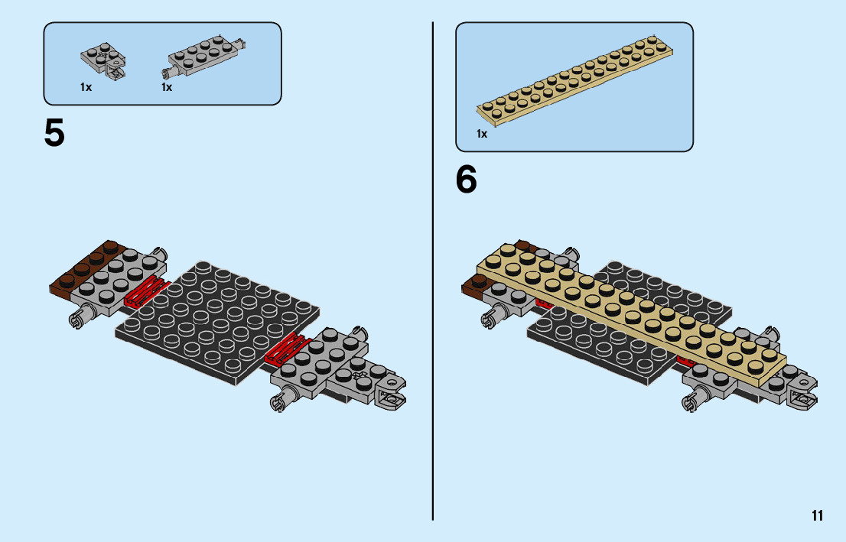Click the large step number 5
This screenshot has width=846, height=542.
(x=55, y=134)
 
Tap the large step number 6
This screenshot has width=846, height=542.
(x=466, y=180)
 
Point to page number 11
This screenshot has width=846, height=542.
(x=818, y=515)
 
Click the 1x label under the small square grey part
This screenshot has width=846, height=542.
(x=86, y=88)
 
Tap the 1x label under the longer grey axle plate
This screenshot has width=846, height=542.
(x=167, y=88)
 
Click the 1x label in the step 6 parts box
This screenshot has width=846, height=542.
(x=482, y=135)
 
